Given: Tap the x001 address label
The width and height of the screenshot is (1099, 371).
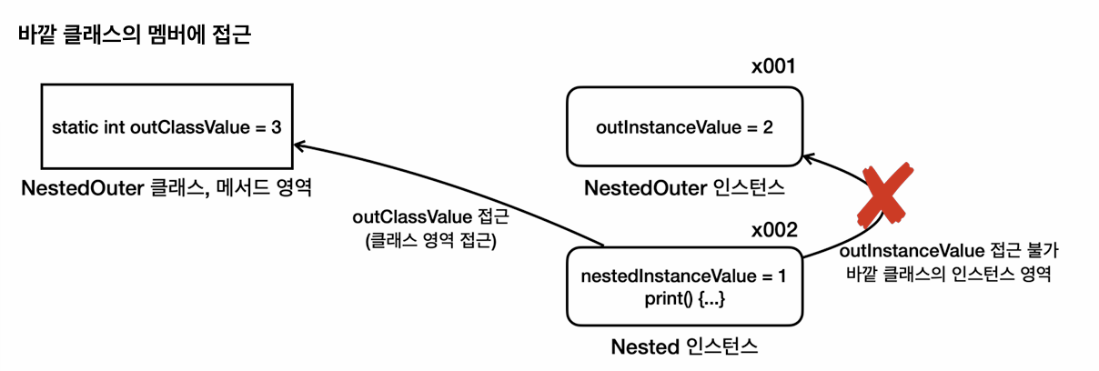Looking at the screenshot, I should (773, 67).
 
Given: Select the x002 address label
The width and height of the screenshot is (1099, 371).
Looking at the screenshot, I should (773, 230).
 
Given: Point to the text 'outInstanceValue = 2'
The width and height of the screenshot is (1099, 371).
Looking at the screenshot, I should (684, 126).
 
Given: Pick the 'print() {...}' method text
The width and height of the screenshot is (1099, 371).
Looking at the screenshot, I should (684, 297).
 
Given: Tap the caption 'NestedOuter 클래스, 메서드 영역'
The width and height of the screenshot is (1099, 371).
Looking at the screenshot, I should (166, 189).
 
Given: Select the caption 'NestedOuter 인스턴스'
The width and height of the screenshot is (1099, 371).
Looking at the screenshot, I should (684, 189).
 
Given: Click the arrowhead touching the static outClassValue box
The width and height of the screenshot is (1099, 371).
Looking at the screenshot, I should (299, 145).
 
